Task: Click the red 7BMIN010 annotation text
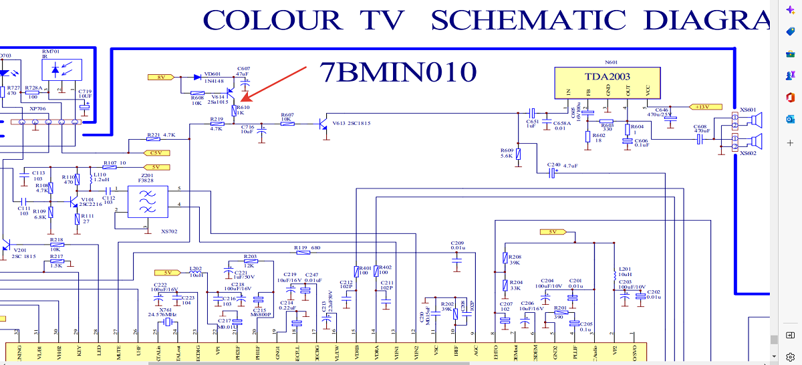coord(398,71)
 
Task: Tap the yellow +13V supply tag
coord(702,106)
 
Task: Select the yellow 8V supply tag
coord(160,78)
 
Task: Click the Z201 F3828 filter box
coord(147,201)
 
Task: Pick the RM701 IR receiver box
coord(61,70)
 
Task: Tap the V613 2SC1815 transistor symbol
coord(324,124)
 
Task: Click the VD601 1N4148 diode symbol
coord(198,78)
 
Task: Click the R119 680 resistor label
coord(308,247)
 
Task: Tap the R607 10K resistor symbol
coord(287,124)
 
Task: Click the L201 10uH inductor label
coord(625,271)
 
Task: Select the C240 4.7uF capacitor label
coord(563,164)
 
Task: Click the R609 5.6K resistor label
coord(506,153)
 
